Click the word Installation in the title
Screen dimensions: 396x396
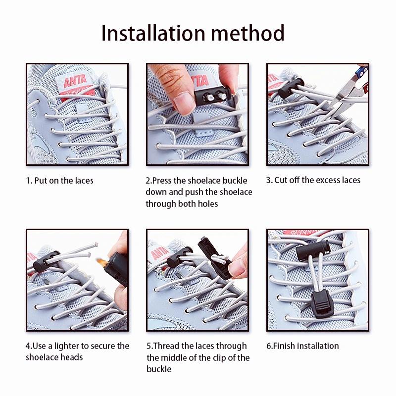(153, 33)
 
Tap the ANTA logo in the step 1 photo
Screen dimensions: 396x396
(75, 81)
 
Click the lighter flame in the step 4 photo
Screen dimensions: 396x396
(101, 263)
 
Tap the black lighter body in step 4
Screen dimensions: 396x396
(117, 268)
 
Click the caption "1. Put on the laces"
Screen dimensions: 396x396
(59, 181)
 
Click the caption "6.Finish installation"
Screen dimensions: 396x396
(302, 346)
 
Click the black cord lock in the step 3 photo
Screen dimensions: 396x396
(291, 88)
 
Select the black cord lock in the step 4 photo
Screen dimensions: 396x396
(46, 261)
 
